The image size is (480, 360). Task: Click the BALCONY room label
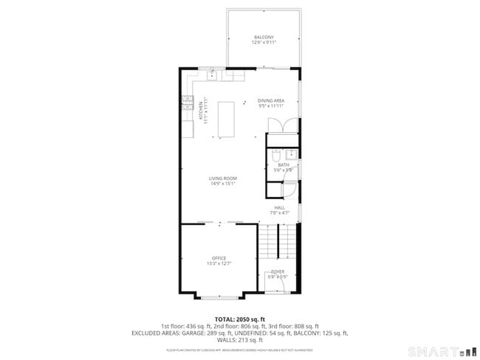(264, 37)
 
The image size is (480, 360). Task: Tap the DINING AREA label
(271, 100)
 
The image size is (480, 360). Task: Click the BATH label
(284, 165)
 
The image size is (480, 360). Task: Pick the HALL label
(280, 207)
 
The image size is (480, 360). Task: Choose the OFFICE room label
(219, 257)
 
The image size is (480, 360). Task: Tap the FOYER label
(278, 271)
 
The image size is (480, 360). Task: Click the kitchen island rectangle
(226, 119)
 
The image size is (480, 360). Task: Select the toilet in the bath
(274, 156)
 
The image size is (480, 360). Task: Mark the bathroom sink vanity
(291, 154)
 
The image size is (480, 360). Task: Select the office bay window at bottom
(219, 297)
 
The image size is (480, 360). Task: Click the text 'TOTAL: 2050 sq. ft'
(239, 319)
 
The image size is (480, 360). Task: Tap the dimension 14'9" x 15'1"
(222, 184)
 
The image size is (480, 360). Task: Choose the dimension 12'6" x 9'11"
(264, 43)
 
